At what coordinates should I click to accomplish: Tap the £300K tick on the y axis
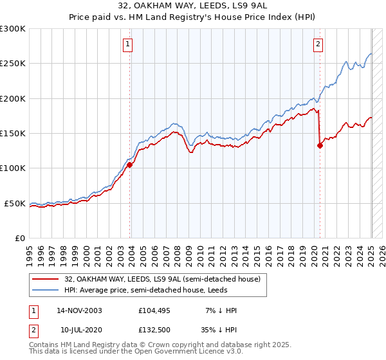(x=13, y=29)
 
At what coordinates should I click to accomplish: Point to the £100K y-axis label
(x=13, y=168)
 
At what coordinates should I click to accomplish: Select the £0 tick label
(x=21, y=238)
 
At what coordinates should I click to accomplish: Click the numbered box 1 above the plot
(x=128, y=44)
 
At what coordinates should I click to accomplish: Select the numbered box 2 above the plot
(x=318, y=44)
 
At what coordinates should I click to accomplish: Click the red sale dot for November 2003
(x=129, y=165)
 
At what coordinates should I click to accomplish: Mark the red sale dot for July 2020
(x=320, y=145)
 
